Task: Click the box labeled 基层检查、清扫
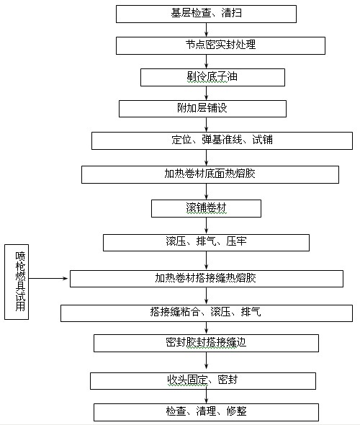coord(206,14)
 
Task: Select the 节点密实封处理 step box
coord(220,46)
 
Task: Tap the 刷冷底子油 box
coord(212,78)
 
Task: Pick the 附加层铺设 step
coord(202,109)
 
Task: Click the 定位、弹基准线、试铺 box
coord(222,140)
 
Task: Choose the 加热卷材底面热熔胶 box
coord(210,174)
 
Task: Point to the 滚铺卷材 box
coord(206,208)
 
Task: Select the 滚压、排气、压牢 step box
coord(206,243)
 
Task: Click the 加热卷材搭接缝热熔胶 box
coord(207,279)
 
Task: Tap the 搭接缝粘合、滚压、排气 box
coord(207,313)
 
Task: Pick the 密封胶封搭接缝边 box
coord(206,343)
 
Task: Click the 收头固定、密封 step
coord(203,381)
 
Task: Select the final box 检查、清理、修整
coord(206,412)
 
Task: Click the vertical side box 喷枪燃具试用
coord(17,282)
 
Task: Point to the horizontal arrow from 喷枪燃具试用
coord(48,278)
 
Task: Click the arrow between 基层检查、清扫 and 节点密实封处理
coord(207,30)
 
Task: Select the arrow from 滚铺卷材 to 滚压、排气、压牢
coord(207,225)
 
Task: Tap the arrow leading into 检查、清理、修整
coord(207,395)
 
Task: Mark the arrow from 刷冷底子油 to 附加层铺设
coord(207,93)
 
